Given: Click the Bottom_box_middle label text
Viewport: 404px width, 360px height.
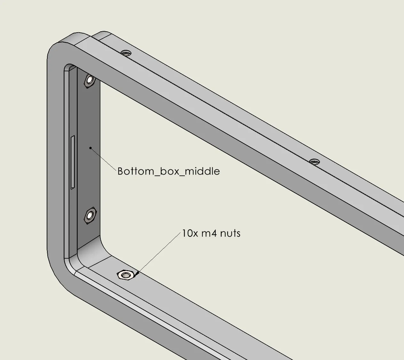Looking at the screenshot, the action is pos(169,171).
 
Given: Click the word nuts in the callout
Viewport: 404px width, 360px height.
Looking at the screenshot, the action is pos(230,233).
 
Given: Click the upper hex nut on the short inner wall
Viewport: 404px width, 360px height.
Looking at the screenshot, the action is pos(90,81).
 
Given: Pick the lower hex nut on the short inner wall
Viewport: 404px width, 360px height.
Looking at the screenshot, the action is pos(90,215).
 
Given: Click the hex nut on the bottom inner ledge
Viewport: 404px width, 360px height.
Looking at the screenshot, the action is pos(125,275).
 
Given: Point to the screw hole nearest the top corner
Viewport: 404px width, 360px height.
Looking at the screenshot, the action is pos(126,53).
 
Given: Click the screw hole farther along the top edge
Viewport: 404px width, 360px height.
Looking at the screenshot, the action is pos(314,162).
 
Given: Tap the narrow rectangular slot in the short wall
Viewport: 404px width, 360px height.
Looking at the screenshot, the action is pos(73,162).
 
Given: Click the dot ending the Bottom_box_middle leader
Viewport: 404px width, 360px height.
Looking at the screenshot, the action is pos(91,148).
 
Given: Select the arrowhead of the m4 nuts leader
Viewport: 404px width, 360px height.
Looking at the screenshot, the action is pos(137,274).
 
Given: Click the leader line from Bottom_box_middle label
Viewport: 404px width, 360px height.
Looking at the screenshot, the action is pos(103,159).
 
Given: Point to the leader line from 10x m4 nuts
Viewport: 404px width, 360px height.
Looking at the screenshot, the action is pos(159,253).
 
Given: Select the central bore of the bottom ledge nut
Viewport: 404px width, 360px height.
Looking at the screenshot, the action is pos(125,275).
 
